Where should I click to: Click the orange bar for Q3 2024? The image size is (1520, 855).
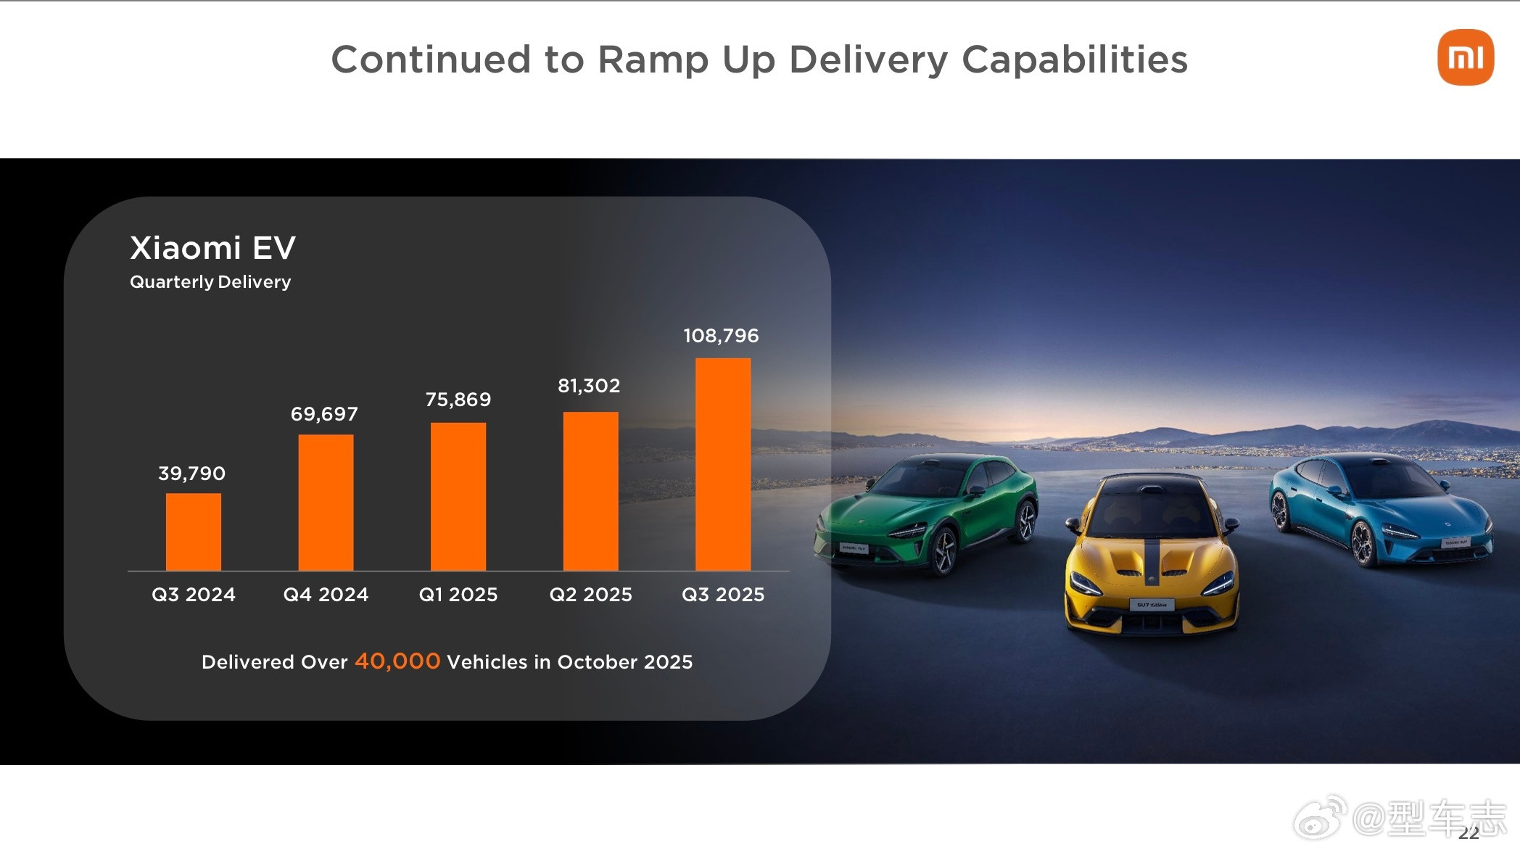click(193, 532)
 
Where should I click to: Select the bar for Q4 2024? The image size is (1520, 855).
click(326, 503)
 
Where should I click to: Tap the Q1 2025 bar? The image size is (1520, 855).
click(458, 497)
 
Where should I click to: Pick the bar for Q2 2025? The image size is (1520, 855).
click(590, 491)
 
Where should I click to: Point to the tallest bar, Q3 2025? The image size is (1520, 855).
click(723, 464)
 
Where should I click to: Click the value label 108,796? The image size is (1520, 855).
click(721, 336)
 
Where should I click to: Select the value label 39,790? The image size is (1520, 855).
click(192, 474)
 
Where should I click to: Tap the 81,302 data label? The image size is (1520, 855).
click(589, 386)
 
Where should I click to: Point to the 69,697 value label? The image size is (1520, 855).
click(324, 414)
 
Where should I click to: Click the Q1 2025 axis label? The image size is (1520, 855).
click(458, 595)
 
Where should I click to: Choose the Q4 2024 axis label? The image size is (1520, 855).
click(326, 595)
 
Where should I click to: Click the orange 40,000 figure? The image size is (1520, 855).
click(397, 661)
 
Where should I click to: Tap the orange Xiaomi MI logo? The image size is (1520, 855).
click(1465, 57)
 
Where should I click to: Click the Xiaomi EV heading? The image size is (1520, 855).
click(212, 248)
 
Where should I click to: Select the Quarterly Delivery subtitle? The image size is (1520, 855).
click(210, 282)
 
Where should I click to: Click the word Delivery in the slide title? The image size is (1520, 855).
click(868, 59)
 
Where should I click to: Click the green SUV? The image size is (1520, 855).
click(928, 511)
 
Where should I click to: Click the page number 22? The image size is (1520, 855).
click(1469, 833)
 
